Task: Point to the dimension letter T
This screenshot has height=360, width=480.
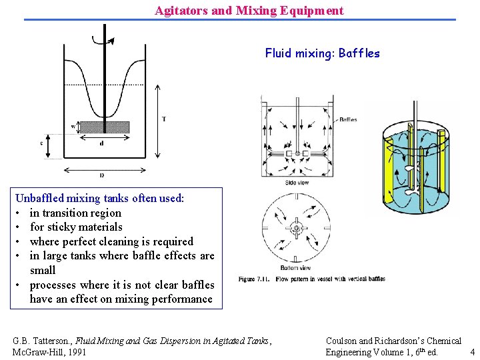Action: click(164, 119)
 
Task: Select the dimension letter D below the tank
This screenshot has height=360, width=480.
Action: click(101, 175)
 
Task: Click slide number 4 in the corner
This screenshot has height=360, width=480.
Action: click(472, 351)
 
